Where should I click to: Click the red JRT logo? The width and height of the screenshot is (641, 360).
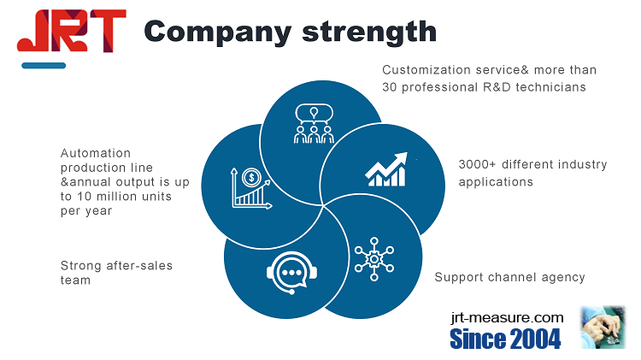pyautogui.click(x=72, y=31)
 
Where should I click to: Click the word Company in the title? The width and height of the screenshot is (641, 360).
pyautogui.click(x=217, y=32)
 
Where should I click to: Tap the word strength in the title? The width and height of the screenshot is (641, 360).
pyautogui.click(x=369, y=32)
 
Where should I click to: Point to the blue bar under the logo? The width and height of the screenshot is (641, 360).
pyautogui.click(x=44, y=66)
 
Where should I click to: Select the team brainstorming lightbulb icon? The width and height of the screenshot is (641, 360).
pyautogui.click(x=314, y=123)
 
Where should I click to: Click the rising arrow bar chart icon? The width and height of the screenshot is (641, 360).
pyautogui.click(x=386, y=169)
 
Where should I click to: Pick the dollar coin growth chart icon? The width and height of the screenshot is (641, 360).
pyautogui.click(x=251, y=188)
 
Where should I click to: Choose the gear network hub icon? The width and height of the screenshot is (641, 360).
pyautogui.click(x=374, y=259)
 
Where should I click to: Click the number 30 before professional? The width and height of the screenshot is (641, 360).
pyautogui.click(x=390, y=87)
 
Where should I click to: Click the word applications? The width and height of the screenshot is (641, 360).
pyautogui.click(x=496, y=182)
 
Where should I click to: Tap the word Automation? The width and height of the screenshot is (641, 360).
pyautogui.click(x=96, y=153)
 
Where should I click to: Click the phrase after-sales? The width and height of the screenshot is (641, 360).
pyautogui.click(x=139, y=265)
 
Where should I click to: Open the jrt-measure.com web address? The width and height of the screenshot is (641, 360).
pyautogui.click(x=508, y=317)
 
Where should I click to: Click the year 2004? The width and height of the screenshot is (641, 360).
pyautogui.click(x=535, y=339)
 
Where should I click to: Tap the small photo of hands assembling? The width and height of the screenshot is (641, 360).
pyautogui.click(x=603, y=328)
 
